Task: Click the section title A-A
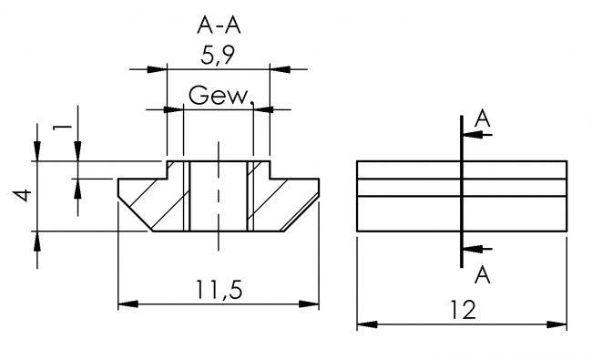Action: coord(219,25)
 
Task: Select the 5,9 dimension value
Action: coord(219,57)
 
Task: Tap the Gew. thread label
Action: coord(219,95)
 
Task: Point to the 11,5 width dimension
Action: coord(219,291)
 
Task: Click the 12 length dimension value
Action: coord(463,310)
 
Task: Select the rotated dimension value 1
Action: coord(60,127)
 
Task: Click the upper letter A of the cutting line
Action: coord(483,119)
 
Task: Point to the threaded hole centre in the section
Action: coord(218,196)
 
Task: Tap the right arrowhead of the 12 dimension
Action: coord(558,324)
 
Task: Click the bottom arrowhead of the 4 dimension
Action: coord(36,239)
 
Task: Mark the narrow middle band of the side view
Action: coord(462,187)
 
